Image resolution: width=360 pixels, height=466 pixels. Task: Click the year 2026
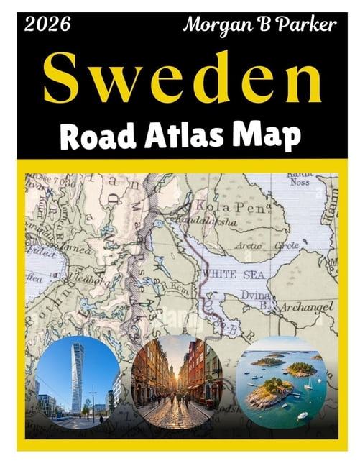point(47,25)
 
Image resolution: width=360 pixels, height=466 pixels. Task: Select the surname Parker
point(303,25)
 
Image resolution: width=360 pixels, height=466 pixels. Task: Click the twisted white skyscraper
point(76,378)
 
